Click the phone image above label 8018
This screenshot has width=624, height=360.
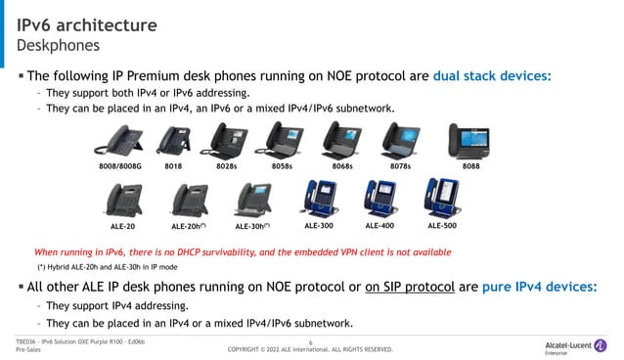pos(172,143)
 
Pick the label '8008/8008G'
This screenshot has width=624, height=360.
pos(120,167)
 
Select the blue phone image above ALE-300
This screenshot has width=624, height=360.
pos(319,199)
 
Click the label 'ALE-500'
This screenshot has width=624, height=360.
pos(442,225)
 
